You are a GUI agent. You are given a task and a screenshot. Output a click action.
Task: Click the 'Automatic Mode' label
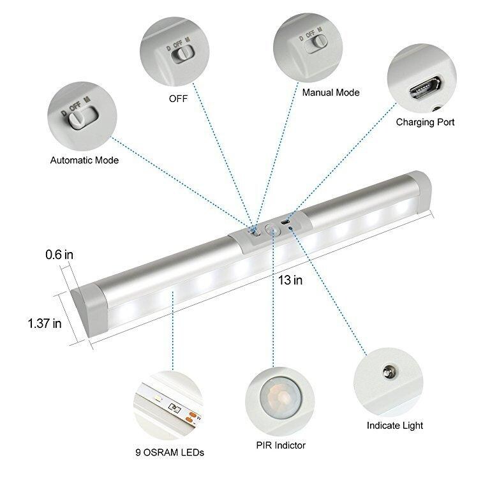pyautogui.click(x=84, y=160)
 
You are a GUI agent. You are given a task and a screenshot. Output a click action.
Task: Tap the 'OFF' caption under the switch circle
pyautogui.click(x=178, y=98)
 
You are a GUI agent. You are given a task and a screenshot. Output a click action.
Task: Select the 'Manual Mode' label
pyautogui.click(x=331, y=93)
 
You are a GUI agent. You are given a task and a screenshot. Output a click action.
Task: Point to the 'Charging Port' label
pyautogui.click(x=425, y=122)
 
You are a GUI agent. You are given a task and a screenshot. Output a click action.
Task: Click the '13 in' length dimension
pyautogui.click(x=290, y=281)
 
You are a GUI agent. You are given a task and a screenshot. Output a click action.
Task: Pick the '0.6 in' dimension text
pyautogui.click(x=59, y=255)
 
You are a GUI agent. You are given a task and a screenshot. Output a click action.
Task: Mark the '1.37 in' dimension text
pyautogui.click(x=45, y=323)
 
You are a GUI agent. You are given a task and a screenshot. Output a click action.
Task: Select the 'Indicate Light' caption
pyautogui.click(x=395, y=425)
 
